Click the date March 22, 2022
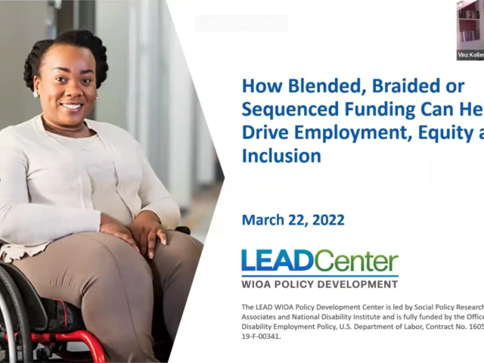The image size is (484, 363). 293,220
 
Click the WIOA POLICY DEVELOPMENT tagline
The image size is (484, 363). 319,284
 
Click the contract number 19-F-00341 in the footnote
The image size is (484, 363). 270,336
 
